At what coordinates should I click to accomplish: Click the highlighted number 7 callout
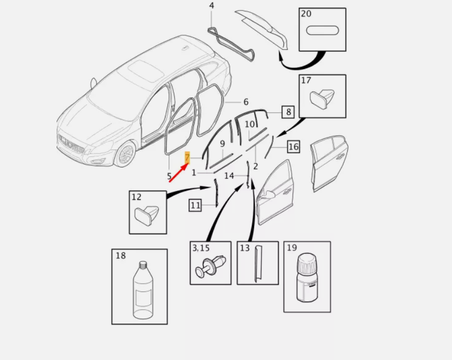pyautogui.click(x=187, y=158)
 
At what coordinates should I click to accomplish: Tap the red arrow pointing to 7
pyautogui.click(x=179, y=172)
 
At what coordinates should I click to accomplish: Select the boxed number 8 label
pyautogui.click(x=288, y=112)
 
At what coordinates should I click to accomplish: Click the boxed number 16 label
pyautogui.click(x=293, y=147)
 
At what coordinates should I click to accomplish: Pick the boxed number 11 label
pyautogui.click(x=195, y=205)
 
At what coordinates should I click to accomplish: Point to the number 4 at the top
pyautogui.click(x=212, y=6)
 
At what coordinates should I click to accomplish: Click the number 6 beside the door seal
pyautogui.click(x=246, y=102)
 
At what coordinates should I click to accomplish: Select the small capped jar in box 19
pyautogui.click(x=307, y=278)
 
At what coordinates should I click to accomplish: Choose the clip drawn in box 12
pyautogui.click(x=147, y=215)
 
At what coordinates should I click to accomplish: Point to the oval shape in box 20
pyautogui.click(x=322, y=30)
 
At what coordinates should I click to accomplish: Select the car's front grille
pyautogui.click(x=71, y=144)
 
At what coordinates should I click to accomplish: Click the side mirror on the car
pyautogui.click(x=93, y=84)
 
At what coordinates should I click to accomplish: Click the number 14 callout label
pyautogui.click(x=229, y=175)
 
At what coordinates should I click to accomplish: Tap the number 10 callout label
pyautogui.click(x=250, y=124)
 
